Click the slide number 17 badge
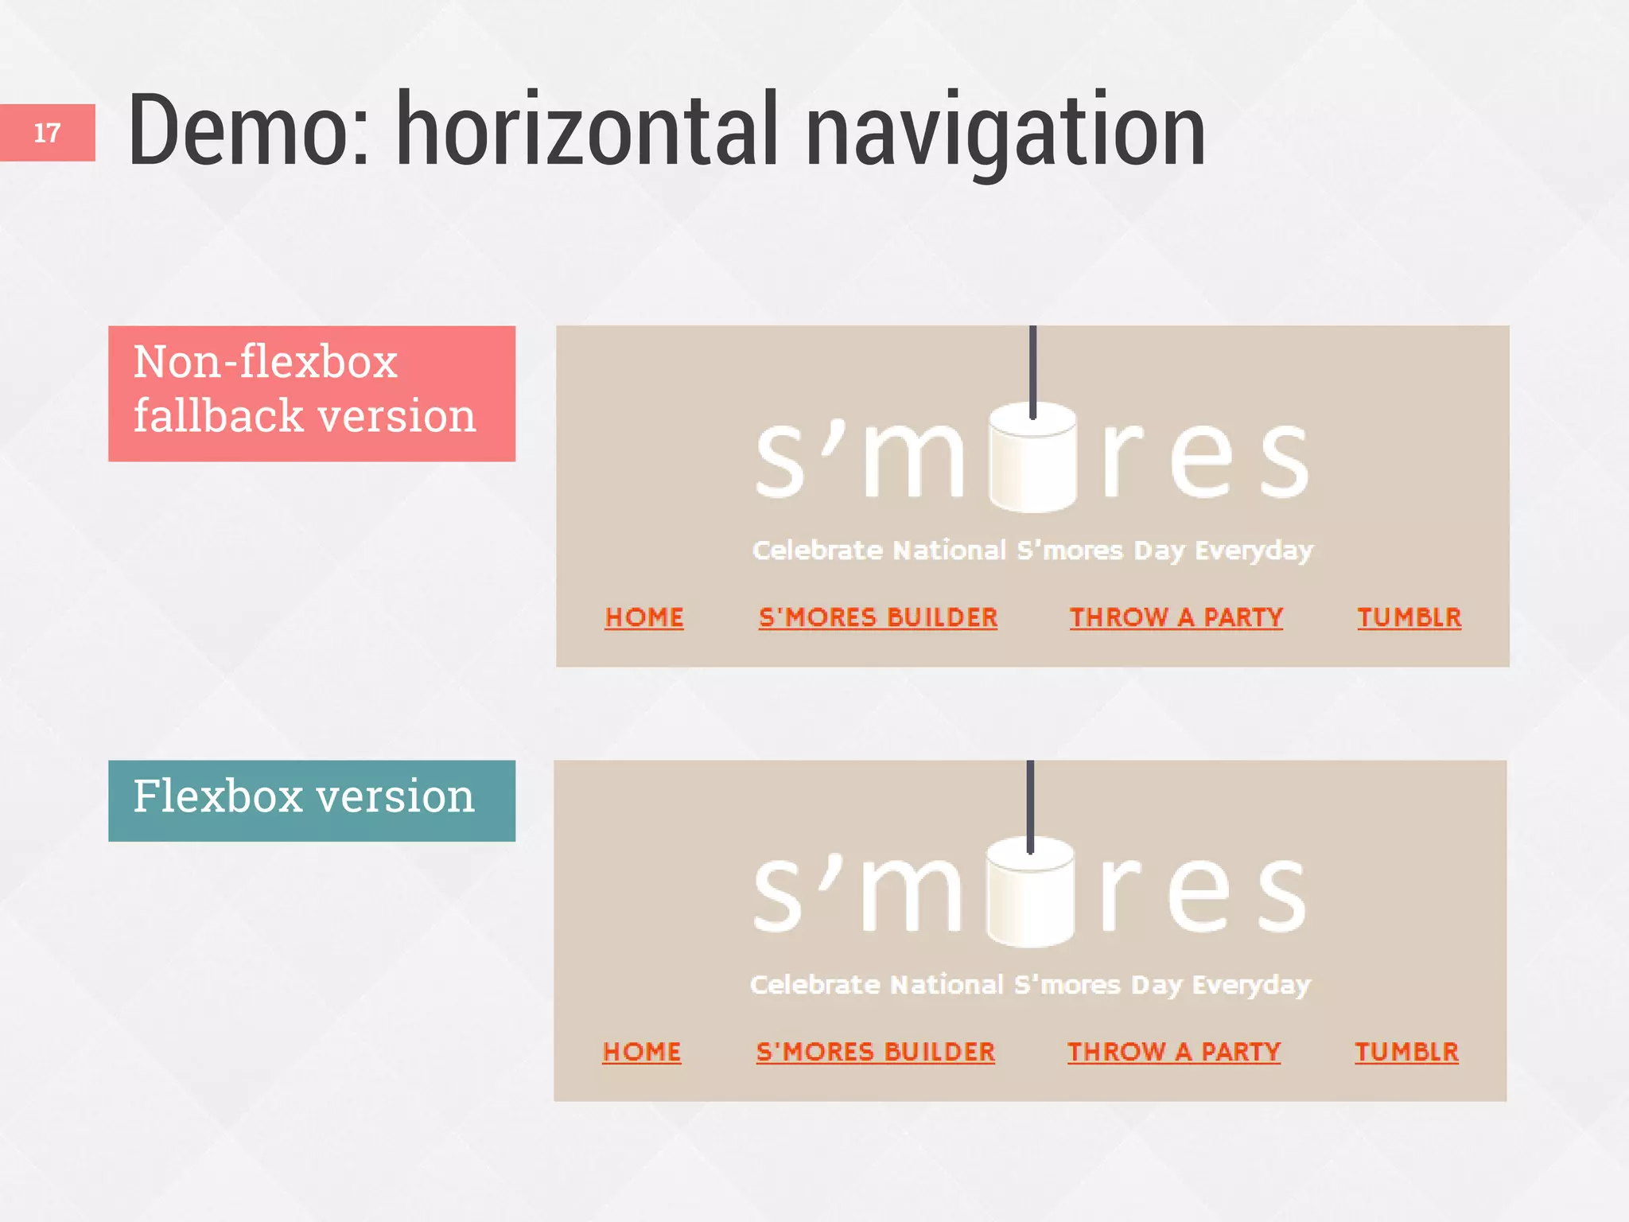(x=47, y=132)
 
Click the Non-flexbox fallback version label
(x=311, y=393)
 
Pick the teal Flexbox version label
(x=311, y=800)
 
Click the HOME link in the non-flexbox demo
(x=644, y=617)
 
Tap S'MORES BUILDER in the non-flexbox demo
(x=877, y=617)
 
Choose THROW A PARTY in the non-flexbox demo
(x=1176, y=617)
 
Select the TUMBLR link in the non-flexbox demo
(x=1409, y=617)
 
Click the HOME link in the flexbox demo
(x=642, y=1052)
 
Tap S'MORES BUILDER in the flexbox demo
(x=875, y=1052)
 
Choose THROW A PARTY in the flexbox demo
(x=1173, y=1052)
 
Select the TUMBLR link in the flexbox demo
(x=1406, y=1052)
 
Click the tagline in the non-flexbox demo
(x=1032, y=550)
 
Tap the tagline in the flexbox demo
(x=1030, y=985)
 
